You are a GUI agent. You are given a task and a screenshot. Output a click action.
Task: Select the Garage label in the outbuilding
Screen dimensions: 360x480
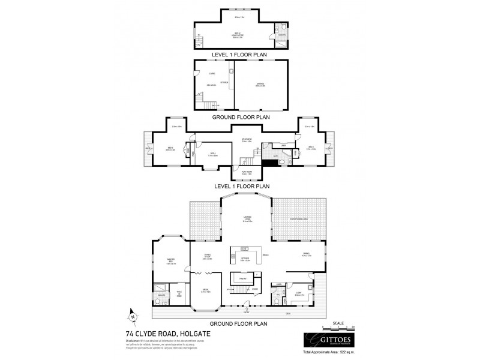tap(260, 85)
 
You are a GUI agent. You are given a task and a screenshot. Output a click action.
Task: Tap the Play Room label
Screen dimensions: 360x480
tap(247, 173)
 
